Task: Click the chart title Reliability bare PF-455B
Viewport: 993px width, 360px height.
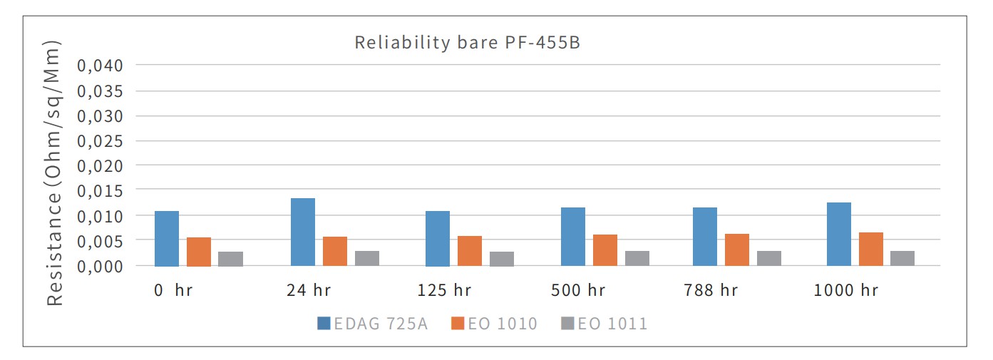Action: [467, 43]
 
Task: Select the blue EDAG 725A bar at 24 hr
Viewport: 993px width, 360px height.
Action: [303, 232]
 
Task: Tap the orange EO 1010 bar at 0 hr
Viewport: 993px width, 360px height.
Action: [199, 252]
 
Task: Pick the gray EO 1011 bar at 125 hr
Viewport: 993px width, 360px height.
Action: [502, 259]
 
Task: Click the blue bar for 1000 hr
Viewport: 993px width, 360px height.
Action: [839, 234]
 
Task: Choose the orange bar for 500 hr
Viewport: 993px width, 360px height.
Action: [605, 250]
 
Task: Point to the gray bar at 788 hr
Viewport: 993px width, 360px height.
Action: [769, 258]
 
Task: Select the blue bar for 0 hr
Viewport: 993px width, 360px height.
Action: [167, 238]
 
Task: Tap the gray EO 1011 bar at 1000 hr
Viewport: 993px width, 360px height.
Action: [902, 258]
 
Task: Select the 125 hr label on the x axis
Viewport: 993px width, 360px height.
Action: [444, 291]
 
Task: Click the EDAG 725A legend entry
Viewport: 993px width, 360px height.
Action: [373, 324]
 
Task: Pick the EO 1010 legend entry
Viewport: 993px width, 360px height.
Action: [494, 324]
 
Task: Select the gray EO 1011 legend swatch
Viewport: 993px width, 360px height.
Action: [567, 324]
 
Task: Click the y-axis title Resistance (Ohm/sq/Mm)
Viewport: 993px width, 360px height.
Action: [56, 173]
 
